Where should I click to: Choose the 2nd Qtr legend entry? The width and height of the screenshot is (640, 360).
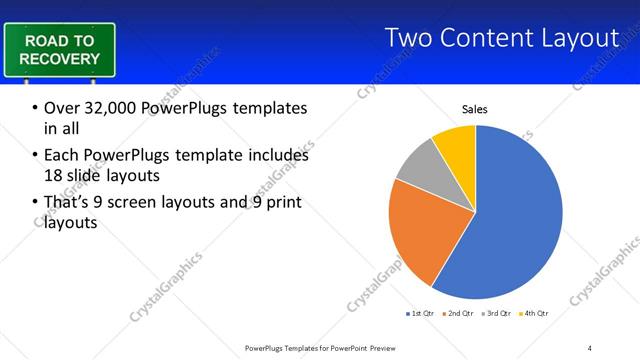point(457,314)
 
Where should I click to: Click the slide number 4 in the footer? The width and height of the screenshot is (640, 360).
point(590,347)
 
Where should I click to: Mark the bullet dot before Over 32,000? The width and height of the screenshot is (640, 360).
point(36,108)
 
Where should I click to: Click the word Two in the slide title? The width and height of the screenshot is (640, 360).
point(409,38)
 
